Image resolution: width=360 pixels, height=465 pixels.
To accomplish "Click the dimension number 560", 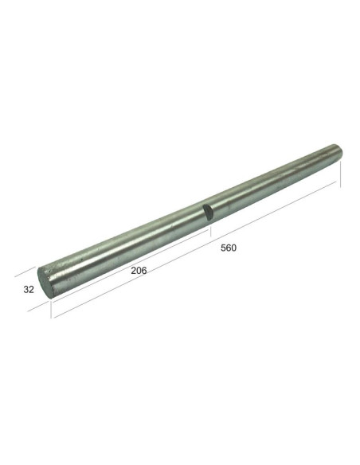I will click(x=229, y=248).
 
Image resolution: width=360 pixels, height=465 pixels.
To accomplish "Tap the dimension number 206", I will click(x=139, y=270).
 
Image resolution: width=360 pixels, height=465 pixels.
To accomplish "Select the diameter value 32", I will click(x=29, y=289).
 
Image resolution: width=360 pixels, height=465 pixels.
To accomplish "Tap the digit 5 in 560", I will click(x=223, y=248).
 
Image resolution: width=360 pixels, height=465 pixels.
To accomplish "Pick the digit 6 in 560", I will click(x=229, y=248).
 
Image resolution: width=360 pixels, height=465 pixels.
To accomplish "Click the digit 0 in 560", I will click(x=234, y=248).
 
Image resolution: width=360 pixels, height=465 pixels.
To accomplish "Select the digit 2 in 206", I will click(x=133, y=270).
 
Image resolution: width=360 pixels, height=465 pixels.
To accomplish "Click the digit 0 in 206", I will click(x=139, y=270).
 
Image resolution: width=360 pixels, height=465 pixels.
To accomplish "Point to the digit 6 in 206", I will click(x=144, y=270).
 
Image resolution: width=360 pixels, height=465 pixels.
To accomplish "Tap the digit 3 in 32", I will click(x=26, y=289).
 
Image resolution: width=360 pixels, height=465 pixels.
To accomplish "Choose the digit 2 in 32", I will click(x=32, y=289).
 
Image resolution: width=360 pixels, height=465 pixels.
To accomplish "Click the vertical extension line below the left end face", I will click(x=52, y=307).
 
